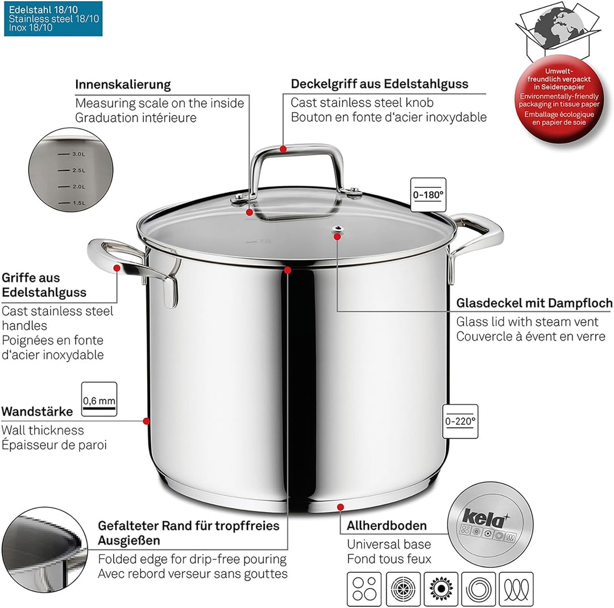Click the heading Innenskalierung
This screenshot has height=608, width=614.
click(123, 85)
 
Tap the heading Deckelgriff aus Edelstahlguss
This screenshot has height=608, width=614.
click(379, 83)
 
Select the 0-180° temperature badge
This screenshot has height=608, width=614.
click(428, 195)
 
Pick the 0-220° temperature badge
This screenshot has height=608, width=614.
click(460, 421)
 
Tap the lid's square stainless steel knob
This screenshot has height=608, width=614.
click(296, 170)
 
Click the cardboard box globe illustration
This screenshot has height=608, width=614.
click(557, 31)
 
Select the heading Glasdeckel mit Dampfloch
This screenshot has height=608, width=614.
click(534, 303)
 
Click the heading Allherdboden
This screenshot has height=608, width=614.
click(387, 526)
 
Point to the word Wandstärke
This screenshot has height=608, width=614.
click(37, 411)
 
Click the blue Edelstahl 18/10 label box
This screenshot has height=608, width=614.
click(53, 19)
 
